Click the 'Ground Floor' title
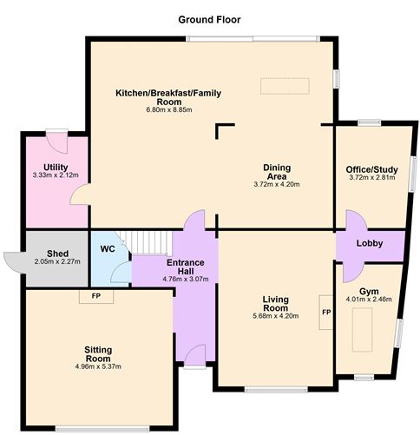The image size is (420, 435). [209, 19]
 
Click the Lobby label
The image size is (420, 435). [370, 244]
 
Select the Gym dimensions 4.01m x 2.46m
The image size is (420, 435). [369, 300]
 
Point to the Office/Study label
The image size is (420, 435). [371, 168]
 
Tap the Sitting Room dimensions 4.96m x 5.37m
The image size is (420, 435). [97, 366]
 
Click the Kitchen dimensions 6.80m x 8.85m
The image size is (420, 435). [168, 109]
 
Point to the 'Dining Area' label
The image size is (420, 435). [276, 171]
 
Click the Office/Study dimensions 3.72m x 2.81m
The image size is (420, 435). [371, 178]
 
